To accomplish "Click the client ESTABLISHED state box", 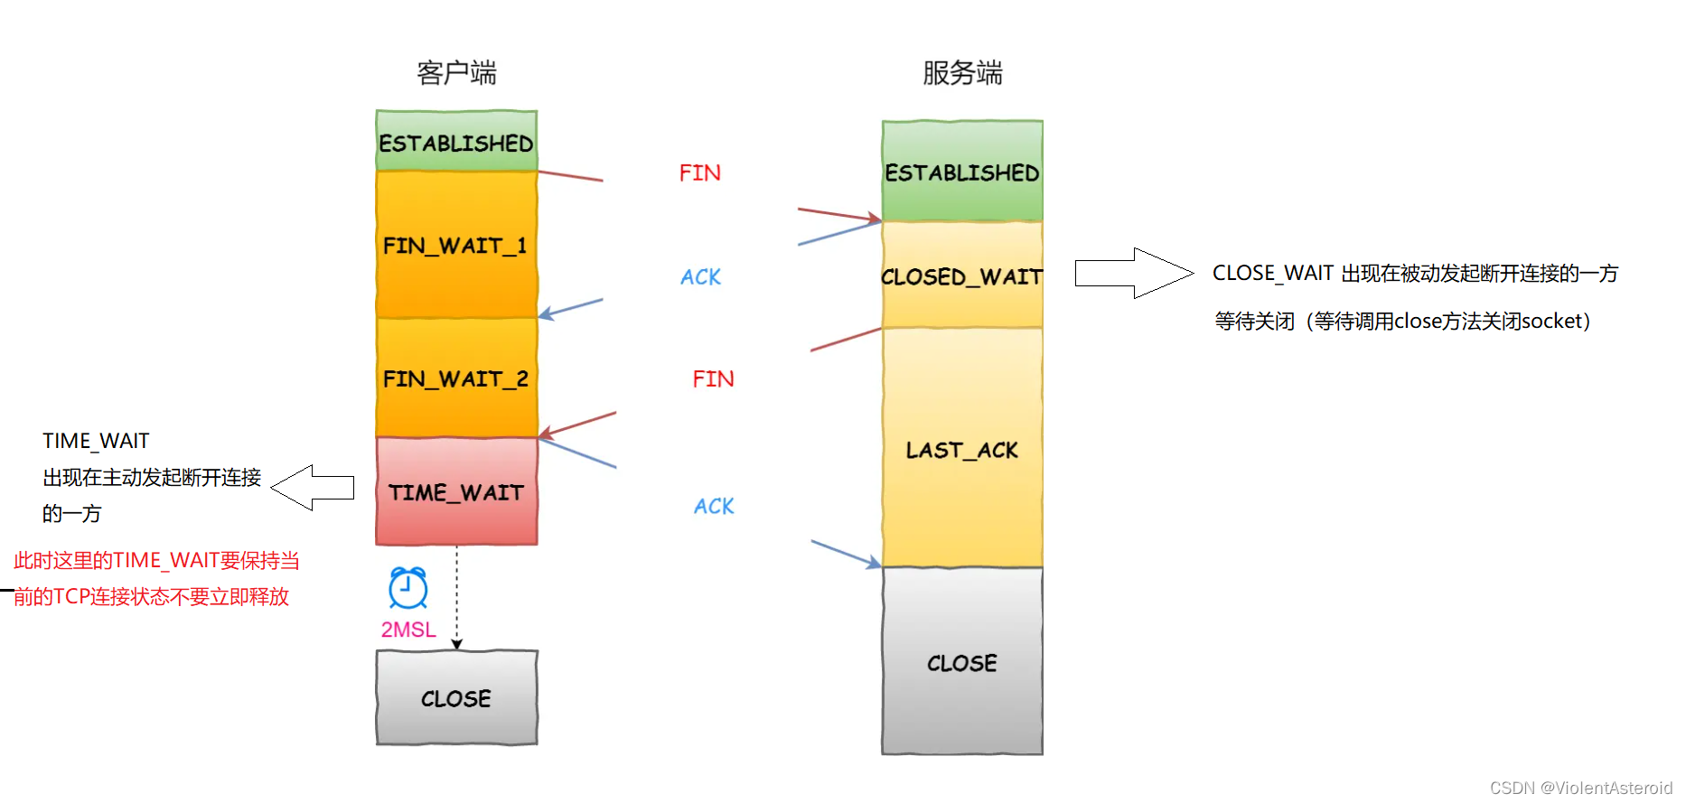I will pyautogui.click(x=456, y=141).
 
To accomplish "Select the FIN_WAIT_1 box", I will pyautogui.click(x=456, y=244).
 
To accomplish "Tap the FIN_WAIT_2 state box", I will pyautogui.click(x=456, y=378).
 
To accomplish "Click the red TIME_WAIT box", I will pyautogui.click(x=456, y=491).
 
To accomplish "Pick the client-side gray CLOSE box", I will pyautogui.click(x=456, y=697).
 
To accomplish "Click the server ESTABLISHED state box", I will pyautogui.click(x=962, y=172).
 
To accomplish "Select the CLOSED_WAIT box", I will pyautogui.click(x=962, y=275).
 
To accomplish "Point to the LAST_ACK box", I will pyautogui.click(x=962, y=449).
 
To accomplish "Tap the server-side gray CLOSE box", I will pyautogui.click(x=962, y=662).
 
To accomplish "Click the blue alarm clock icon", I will pyautogui.click(x=407, y=588).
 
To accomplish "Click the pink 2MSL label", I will pyautogui.click(x=408, y=630).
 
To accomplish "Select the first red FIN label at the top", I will pyautogui.click(x=699, y=173).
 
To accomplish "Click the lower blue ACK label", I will pyautogui.click(x=714, y=506).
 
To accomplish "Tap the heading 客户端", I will pyautogui.click(x=456, y=72).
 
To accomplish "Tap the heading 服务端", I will pyautogui.click(x=962, y=72).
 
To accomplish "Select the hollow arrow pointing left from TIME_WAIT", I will pyautogui.click(x=312, y=488).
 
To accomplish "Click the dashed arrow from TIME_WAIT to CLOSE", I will pyautogui.click(x=457, y=596).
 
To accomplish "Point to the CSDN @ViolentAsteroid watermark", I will pyautogui.click(x=1580, y=788).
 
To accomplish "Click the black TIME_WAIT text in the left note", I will pyautogui.click(x=96, y=441).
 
